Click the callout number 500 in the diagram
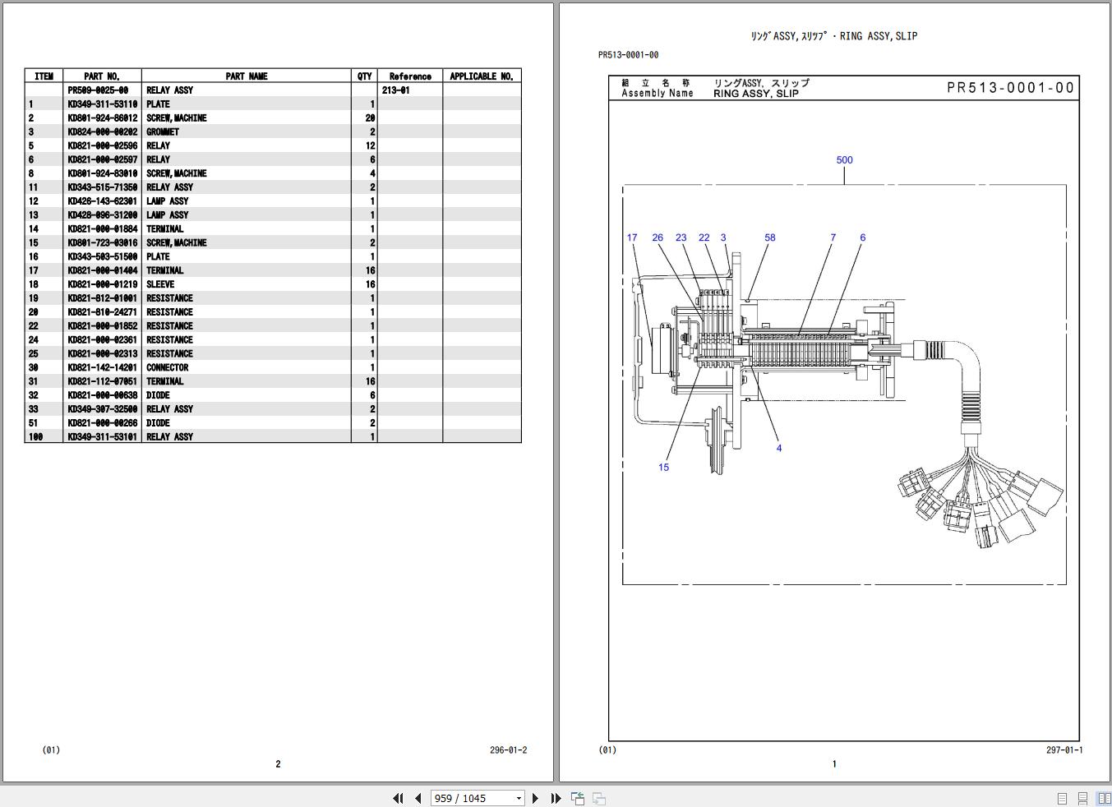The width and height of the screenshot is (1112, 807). [x=844, y=160]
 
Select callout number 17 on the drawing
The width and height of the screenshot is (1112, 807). [x=631, y=237]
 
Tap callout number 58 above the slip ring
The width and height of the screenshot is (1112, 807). [x=769, y=237]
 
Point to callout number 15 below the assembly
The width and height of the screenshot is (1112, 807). [x=663, y=468]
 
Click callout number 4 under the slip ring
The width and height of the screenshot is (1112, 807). [x=778, y=448]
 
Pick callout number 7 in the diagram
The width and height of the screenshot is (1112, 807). [x=833, y=237]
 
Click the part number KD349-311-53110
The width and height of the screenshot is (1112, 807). [x=102, y=104]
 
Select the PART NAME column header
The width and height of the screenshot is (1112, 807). [x=246, y=76]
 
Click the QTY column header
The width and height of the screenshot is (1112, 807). [x=364, y=76]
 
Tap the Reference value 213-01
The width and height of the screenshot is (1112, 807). [x=395, y=90]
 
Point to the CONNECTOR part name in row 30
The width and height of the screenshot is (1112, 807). [x=167, y=367]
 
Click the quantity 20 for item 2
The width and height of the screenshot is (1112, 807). [x=370, y=118]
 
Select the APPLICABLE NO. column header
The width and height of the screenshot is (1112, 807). [x=481, y=76]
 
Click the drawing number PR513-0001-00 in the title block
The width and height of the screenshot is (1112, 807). [x=1010, y=88]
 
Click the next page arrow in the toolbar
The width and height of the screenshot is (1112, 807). [x=535, y=798]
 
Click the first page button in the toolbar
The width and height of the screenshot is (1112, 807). [x=398, y=798]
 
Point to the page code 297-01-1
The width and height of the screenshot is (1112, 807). [x=1064, y=749]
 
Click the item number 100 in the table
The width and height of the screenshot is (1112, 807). [x=35, y=437]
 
